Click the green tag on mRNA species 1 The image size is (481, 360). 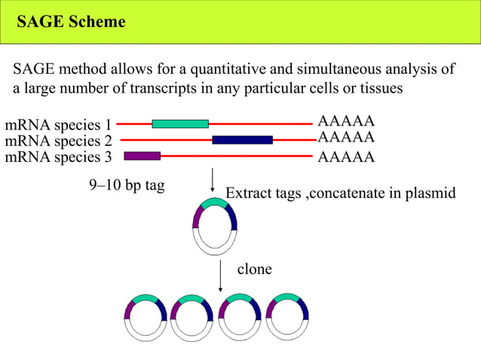(x=180, y=124)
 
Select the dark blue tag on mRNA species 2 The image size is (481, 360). (x=242, y=139)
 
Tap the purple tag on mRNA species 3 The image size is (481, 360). (x=142, y=156)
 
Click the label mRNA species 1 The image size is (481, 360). (x=58, y=124)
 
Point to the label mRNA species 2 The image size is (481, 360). (x=58, y=141)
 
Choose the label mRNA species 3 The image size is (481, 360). (x=58, y=157)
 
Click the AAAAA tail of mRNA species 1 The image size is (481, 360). (x=346, y=122)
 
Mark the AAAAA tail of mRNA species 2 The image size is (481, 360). (x=346, y=138)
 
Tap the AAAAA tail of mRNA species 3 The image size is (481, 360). (x=346, y=157)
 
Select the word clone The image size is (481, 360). (x=254, y=269)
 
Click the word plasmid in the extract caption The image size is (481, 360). (x=430, y=194)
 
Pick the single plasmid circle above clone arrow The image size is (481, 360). (x=215, y=227)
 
